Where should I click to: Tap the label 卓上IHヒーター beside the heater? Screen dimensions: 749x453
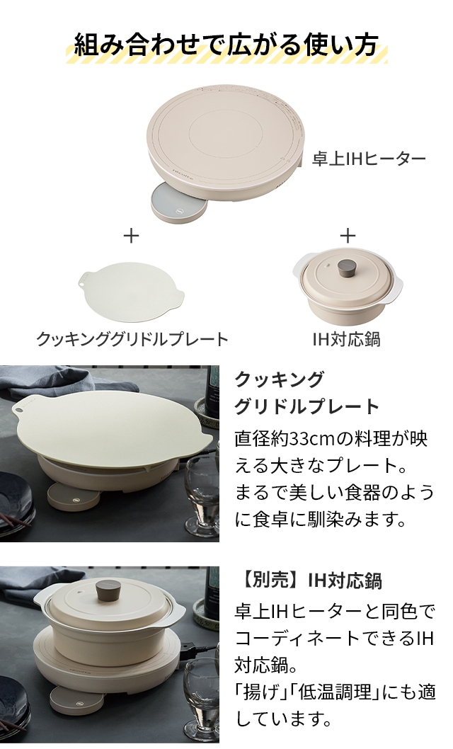pos(369,159)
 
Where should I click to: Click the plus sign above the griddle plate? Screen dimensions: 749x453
pos(131,236)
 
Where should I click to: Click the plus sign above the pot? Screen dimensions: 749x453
pos(348,236)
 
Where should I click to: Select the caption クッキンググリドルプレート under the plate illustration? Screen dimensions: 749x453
pos(132,339)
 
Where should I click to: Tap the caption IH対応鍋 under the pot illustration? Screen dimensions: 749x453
pos(346,339)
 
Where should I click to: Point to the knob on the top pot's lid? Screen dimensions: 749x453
pos(346,268)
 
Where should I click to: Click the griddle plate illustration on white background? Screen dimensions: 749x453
pos(132,291)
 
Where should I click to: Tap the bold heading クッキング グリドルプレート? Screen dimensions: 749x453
pos(306,392)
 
